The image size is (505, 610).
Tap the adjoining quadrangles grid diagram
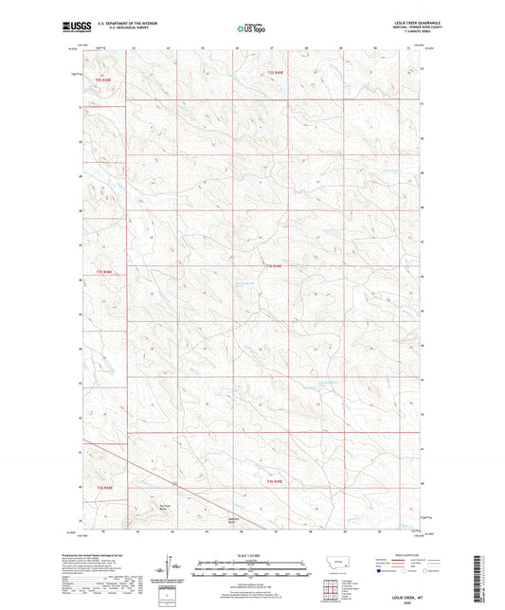[334, 587]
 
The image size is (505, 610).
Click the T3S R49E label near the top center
[275, 71]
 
